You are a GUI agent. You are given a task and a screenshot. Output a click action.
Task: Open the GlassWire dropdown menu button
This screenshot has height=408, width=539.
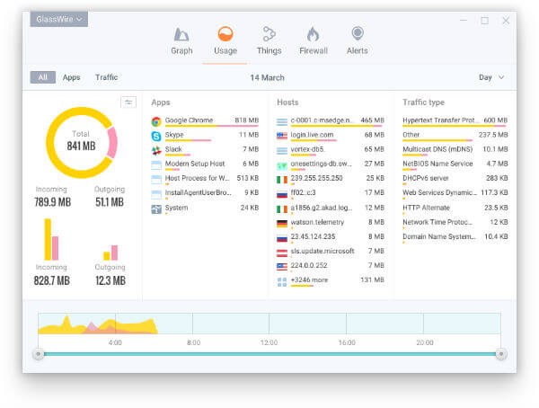coord(58,19)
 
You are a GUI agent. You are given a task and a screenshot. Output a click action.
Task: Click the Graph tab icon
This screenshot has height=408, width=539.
coord(181,35)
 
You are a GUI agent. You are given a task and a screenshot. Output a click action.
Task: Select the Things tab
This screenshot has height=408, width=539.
coord(269,35)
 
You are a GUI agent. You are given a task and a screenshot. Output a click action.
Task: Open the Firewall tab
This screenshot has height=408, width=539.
coord(313,35)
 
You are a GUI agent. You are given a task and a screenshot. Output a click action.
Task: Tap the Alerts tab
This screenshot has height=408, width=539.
coord(358,35)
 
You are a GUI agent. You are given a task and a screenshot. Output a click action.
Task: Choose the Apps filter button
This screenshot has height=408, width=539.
coord(71,77)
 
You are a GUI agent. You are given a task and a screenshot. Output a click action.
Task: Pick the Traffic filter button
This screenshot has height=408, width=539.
coord(106,77)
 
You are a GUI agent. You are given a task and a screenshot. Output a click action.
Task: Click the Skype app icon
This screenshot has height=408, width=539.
coord(156,136)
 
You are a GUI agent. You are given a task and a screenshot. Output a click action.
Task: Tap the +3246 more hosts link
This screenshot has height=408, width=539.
coord(310,280)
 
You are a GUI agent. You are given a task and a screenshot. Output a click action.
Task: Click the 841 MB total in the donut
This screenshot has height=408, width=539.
coord(81,146)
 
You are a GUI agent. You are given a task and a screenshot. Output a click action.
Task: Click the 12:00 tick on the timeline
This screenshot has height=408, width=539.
coord(269,342)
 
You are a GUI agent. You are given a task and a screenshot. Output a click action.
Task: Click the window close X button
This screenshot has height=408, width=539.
coord(505,20)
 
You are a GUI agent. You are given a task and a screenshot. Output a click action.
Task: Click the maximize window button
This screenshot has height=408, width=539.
coord(485,20)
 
